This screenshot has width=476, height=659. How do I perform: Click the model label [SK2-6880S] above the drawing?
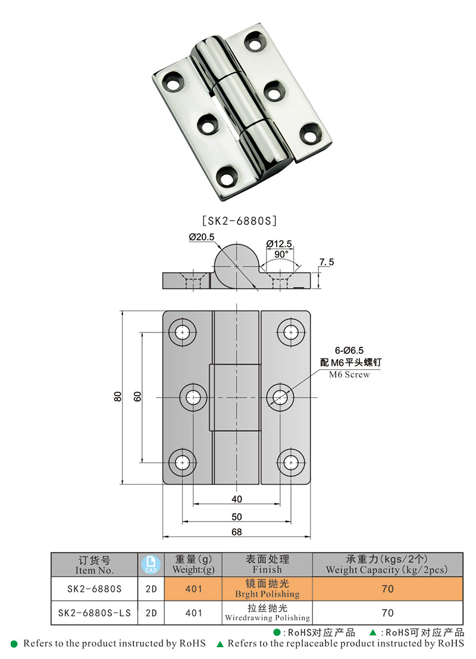[x=239, y=221]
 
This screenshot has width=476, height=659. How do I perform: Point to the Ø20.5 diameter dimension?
[x=202, y=237]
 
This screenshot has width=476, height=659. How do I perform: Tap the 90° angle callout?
[x=281, y=255]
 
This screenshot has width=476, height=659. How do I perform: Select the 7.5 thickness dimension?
[x=326, y=262]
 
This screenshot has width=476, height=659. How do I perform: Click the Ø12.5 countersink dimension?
[x=279, y=244]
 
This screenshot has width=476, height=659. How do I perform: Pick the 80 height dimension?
[x=118, y=396]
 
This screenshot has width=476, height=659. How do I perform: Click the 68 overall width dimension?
[x=237, y=532]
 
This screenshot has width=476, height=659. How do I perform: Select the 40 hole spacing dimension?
[x=237, y=499]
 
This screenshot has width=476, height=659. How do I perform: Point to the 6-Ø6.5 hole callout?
[x=349, y=350]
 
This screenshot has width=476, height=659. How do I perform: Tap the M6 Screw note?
[x=349, y=375]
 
